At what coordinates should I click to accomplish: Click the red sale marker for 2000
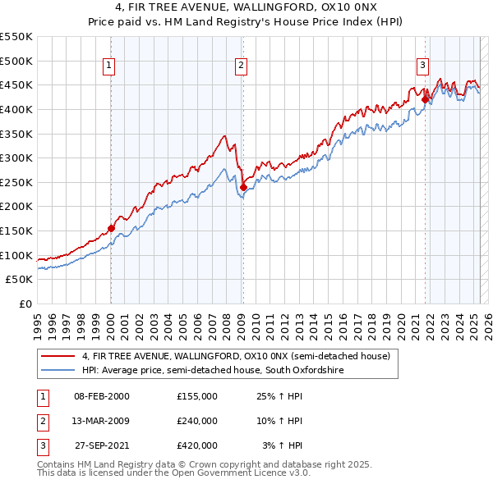111,229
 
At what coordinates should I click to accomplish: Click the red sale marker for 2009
243,188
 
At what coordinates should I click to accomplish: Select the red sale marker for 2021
425,100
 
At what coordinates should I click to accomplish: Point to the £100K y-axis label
17,255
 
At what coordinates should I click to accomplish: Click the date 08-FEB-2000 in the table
102,396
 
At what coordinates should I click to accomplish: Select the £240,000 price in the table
197,421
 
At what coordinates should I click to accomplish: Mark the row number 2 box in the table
41,421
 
